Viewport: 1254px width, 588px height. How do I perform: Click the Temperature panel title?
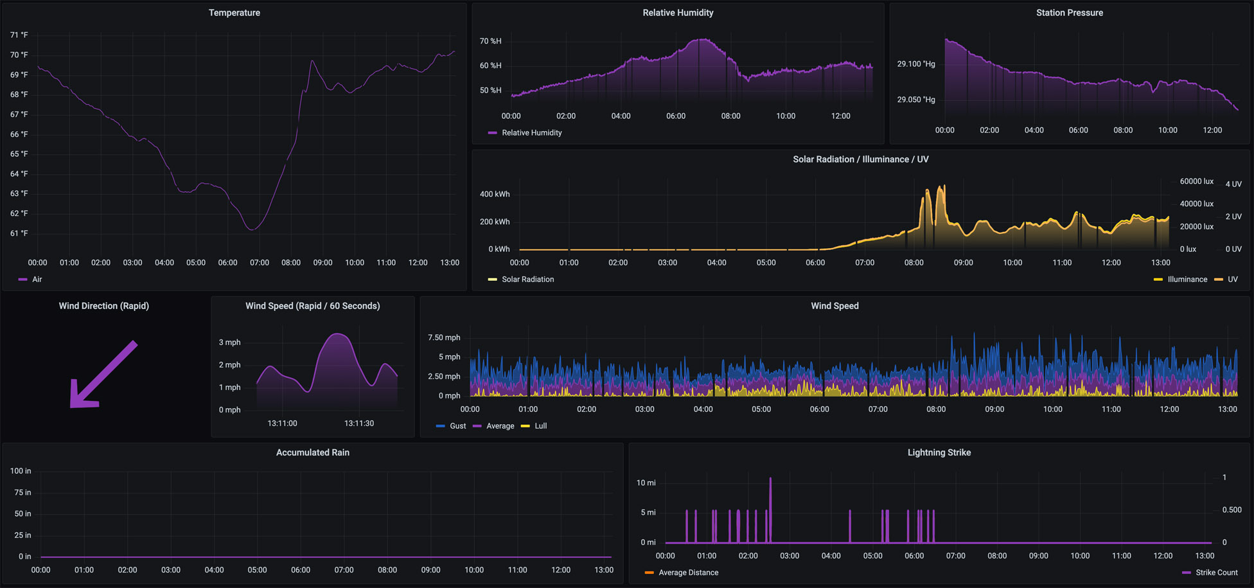(234, 13)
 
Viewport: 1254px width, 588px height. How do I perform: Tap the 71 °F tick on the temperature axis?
(19, 35)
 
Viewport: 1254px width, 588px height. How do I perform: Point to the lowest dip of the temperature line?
(253, 229)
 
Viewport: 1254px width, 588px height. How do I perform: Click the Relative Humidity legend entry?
(525, 133)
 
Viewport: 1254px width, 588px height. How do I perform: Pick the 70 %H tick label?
(491, 41)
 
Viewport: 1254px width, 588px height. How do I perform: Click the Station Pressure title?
(1070, 13)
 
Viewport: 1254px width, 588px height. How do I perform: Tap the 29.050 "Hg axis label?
(916, 100)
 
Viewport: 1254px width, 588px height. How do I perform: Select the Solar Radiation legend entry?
(521, 280)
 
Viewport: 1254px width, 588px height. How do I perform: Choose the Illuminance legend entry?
(1181, 280)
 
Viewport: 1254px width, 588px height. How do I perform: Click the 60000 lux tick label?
(1197, 181)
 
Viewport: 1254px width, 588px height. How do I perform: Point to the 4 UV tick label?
(1233, 184)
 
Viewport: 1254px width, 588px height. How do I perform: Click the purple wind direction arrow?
(103, 374)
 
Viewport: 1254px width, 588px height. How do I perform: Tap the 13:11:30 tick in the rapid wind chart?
(359, 423)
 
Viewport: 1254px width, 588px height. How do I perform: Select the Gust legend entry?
(451, 426)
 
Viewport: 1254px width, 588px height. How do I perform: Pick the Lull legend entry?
(534, 426)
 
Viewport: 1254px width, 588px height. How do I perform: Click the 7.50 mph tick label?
(444, 337)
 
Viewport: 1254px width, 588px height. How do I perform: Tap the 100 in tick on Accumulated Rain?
(21, 471)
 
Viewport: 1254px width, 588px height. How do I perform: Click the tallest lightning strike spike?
(770, 510)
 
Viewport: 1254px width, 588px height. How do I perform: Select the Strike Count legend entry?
(1210, 573)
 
